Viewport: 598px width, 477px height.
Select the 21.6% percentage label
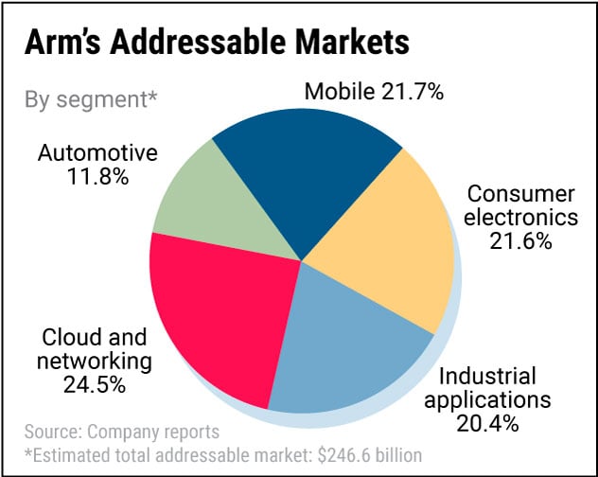[x=520, y=241]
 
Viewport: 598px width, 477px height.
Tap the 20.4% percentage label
[x=486, y=423]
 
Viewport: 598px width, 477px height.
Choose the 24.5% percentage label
[x=95, y=384]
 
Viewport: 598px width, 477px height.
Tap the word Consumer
[x=521, y=194]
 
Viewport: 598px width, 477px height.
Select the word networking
[x=96, y=361]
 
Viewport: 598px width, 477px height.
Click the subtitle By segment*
[x=90, y=99]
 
